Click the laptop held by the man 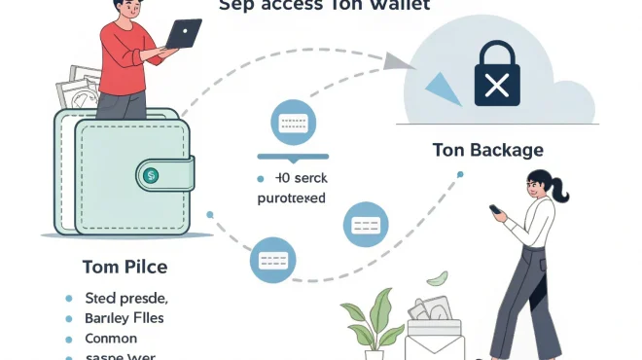point(184,34)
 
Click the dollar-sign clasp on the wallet point(151,175)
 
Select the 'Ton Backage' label point(487,150)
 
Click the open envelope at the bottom point(433,336)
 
